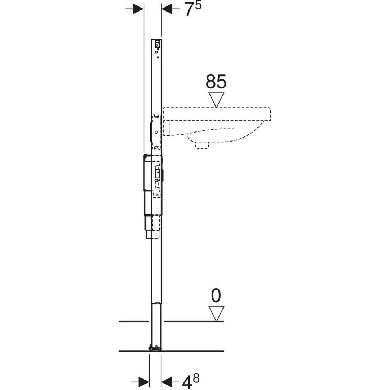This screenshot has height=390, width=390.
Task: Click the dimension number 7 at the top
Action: pyautogui.click(x=190, y=10)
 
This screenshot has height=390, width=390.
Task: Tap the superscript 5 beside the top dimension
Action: pyautogui.click(x=198, y=5)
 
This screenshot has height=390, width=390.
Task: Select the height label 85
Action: pyautogui.click(x=216, y=81)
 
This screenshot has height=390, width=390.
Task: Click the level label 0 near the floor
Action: pyautogui.click(x=216, y=295)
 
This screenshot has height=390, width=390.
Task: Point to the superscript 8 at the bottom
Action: pyautogui.click(x=196, y=378)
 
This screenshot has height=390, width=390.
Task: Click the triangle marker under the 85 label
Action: pyautogui.click(x=216, y=100)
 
